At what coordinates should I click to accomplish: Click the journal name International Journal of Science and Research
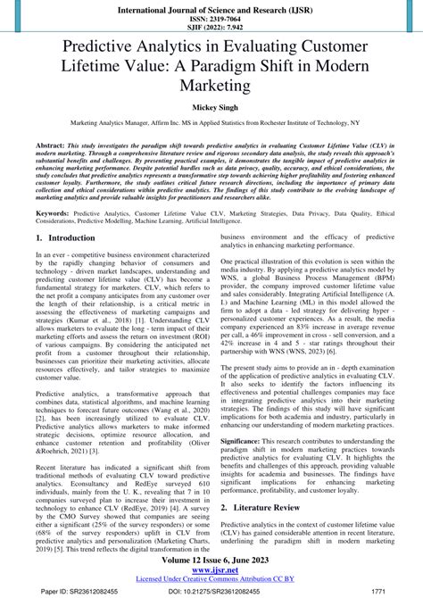coord(211,7)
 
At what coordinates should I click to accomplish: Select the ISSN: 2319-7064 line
coord(211,18)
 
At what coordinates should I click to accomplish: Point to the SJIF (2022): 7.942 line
coord(211,28)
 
